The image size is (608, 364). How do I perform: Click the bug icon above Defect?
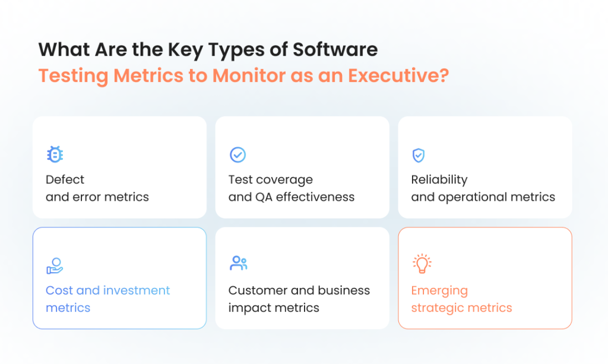(x=55, y=155)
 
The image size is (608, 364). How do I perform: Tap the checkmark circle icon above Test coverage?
(x=237, y=155)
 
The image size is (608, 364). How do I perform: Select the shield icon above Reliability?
(x=419, y=155)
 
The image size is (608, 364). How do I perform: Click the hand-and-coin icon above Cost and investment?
(x=55, y=265)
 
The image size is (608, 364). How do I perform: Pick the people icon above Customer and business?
(x=238, y=264)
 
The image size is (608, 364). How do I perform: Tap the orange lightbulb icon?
(x=422, y=264)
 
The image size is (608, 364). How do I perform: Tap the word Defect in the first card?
(x=65, y=179)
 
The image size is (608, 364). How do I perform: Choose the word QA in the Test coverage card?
(x=264, y=197)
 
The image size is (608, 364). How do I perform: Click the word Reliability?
(x=439, y=179)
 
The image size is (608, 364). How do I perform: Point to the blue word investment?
(x=137, y=290)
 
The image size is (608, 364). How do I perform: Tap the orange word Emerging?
(x=439, y=290)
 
